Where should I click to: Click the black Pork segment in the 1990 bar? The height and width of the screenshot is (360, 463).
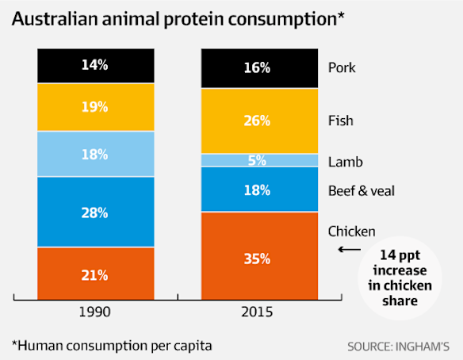94,66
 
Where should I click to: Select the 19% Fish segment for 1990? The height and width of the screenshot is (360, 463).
94,107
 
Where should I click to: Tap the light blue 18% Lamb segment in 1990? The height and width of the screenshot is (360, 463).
94,154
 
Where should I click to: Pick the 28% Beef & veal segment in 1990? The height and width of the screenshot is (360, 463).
94,212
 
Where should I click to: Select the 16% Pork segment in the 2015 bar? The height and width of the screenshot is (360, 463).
258,68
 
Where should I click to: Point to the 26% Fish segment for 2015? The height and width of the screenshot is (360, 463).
258,121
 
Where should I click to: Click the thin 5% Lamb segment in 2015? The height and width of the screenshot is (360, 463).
258,160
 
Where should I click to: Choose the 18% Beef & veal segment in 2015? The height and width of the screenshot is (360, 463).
258,190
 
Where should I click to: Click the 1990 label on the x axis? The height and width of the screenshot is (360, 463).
94,312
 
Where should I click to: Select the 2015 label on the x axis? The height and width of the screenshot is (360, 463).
258,312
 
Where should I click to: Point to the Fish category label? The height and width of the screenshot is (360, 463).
340,121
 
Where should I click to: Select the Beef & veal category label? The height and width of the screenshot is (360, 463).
362,190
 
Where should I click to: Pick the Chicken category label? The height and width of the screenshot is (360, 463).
352,231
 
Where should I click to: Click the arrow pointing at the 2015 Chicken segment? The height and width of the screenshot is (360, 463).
348,249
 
